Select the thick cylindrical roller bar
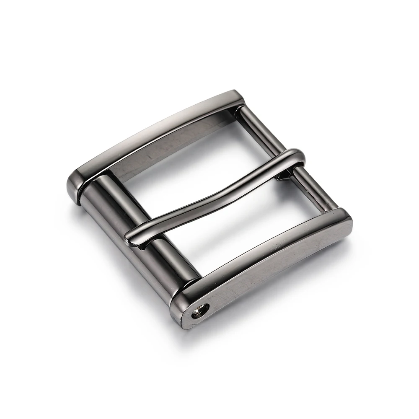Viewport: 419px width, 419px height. [x=138, y=235]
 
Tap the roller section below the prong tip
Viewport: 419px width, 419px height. [x=172, y=264]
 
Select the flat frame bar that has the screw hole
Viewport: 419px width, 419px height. [x=268, y=264]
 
